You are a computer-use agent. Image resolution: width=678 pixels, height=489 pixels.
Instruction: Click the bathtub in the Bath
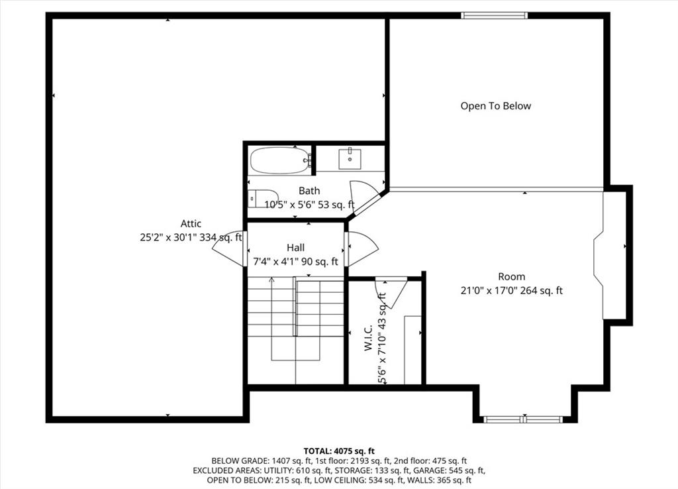pyautogui.click(x=280, y=160)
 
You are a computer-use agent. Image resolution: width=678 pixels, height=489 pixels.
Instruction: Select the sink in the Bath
pyautogui.click(x=350, y=158)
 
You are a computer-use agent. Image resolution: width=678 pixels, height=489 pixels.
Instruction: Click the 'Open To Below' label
pyautogui.click(x=495, y=106)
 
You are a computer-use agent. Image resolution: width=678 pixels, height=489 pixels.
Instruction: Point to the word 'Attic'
pyautogui.click(x=191, y=224)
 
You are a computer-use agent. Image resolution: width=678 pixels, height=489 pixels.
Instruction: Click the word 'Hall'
pyautogui.click(x=295, y=248)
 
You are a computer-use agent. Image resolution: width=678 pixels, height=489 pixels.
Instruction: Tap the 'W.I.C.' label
pyautogui.click(x=368, y=337)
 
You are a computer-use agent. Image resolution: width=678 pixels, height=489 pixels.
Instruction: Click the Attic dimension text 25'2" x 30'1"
pyautogui.click(x=168, y=237)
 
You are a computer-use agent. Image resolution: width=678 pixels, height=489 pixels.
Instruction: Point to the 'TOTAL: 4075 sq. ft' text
pyautogui.click(x=339, y=451)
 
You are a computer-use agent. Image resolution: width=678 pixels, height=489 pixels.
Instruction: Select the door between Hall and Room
pyautogui.click(x=362, y=249)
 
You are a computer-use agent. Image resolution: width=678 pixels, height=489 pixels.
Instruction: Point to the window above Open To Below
pyautogui.click(x=494, y=16)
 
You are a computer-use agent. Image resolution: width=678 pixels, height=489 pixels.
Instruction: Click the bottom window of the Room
pyautogui.click(x=523, y=419)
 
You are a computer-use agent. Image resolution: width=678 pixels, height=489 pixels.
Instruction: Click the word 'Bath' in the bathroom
pyautogui.click(x=309, y=190)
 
